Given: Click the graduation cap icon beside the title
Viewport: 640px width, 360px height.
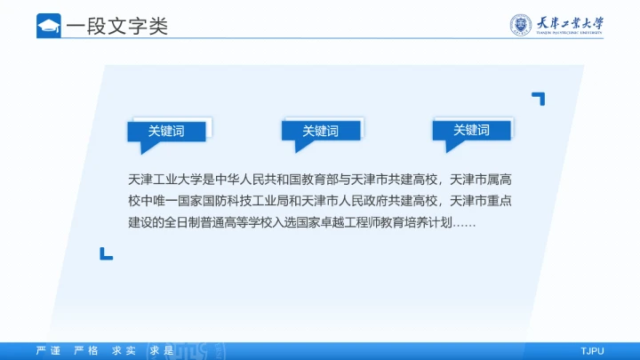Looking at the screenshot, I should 48,26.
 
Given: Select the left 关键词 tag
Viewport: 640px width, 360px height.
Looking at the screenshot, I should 166,131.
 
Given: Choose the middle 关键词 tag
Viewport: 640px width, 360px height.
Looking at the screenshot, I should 320,131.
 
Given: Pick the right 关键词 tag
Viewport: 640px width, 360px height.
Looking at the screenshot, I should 471,130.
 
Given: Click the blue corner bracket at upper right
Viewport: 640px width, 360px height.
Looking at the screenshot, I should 538,98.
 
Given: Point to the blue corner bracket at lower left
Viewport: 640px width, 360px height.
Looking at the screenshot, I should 106,253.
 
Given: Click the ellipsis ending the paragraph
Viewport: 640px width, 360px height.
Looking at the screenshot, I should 465,223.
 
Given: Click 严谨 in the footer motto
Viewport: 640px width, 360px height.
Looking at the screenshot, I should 48,351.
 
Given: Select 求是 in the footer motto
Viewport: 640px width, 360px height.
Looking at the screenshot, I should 162,351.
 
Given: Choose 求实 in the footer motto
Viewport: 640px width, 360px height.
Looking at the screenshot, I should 124,351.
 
